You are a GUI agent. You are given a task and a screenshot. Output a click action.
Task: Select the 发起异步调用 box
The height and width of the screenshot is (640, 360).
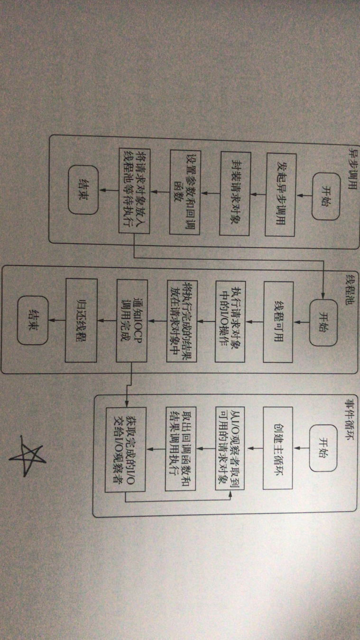[x=281, y=194]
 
